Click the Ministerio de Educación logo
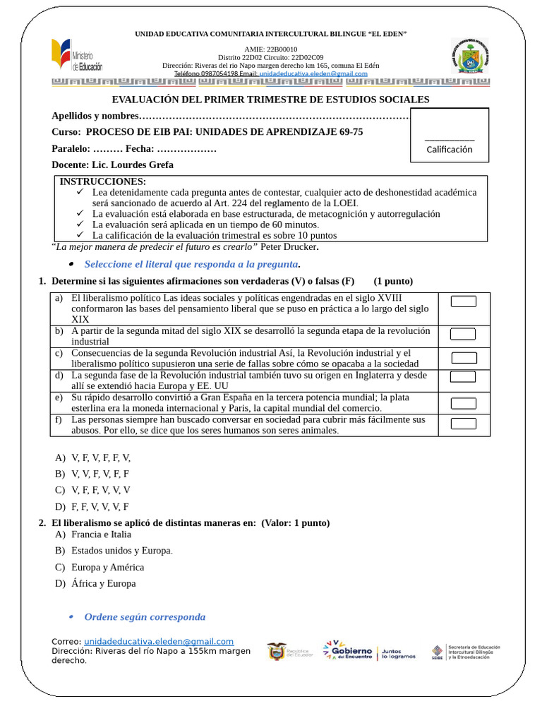[x=76, y=56]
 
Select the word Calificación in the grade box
[x=450, y=149]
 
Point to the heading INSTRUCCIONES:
[x=103, y=181]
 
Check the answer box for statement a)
[x=463, y=301]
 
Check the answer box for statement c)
[x=463, y=357]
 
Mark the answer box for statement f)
[x=463, y=424]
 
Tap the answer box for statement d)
[x=463, y=376]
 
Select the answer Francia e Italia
[x=101, y=534]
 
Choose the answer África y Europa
[x=103, y=583]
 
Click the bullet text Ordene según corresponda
[x=145, y=617]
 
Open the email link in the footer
[x=159, y=641]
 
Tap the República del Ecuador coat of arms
[x=277, y=651]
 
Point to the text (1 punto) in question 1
[x=393, y=281]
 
